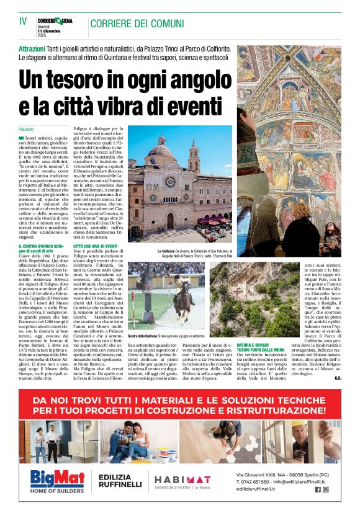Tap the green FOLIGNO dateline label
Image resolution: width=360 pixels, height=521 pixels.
pyautogui.click(x=27, y=128)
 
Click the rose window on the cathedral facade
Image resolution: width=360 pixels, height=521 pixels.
pyautogui.click(x=169, y=181)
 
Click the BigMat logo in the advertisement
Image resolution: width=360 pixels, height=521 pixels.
pyautogui.click(x=59, y=481)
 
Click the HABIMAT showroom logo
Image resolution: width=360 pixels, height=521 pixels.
pyautogui.click(x=182, y=479)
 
